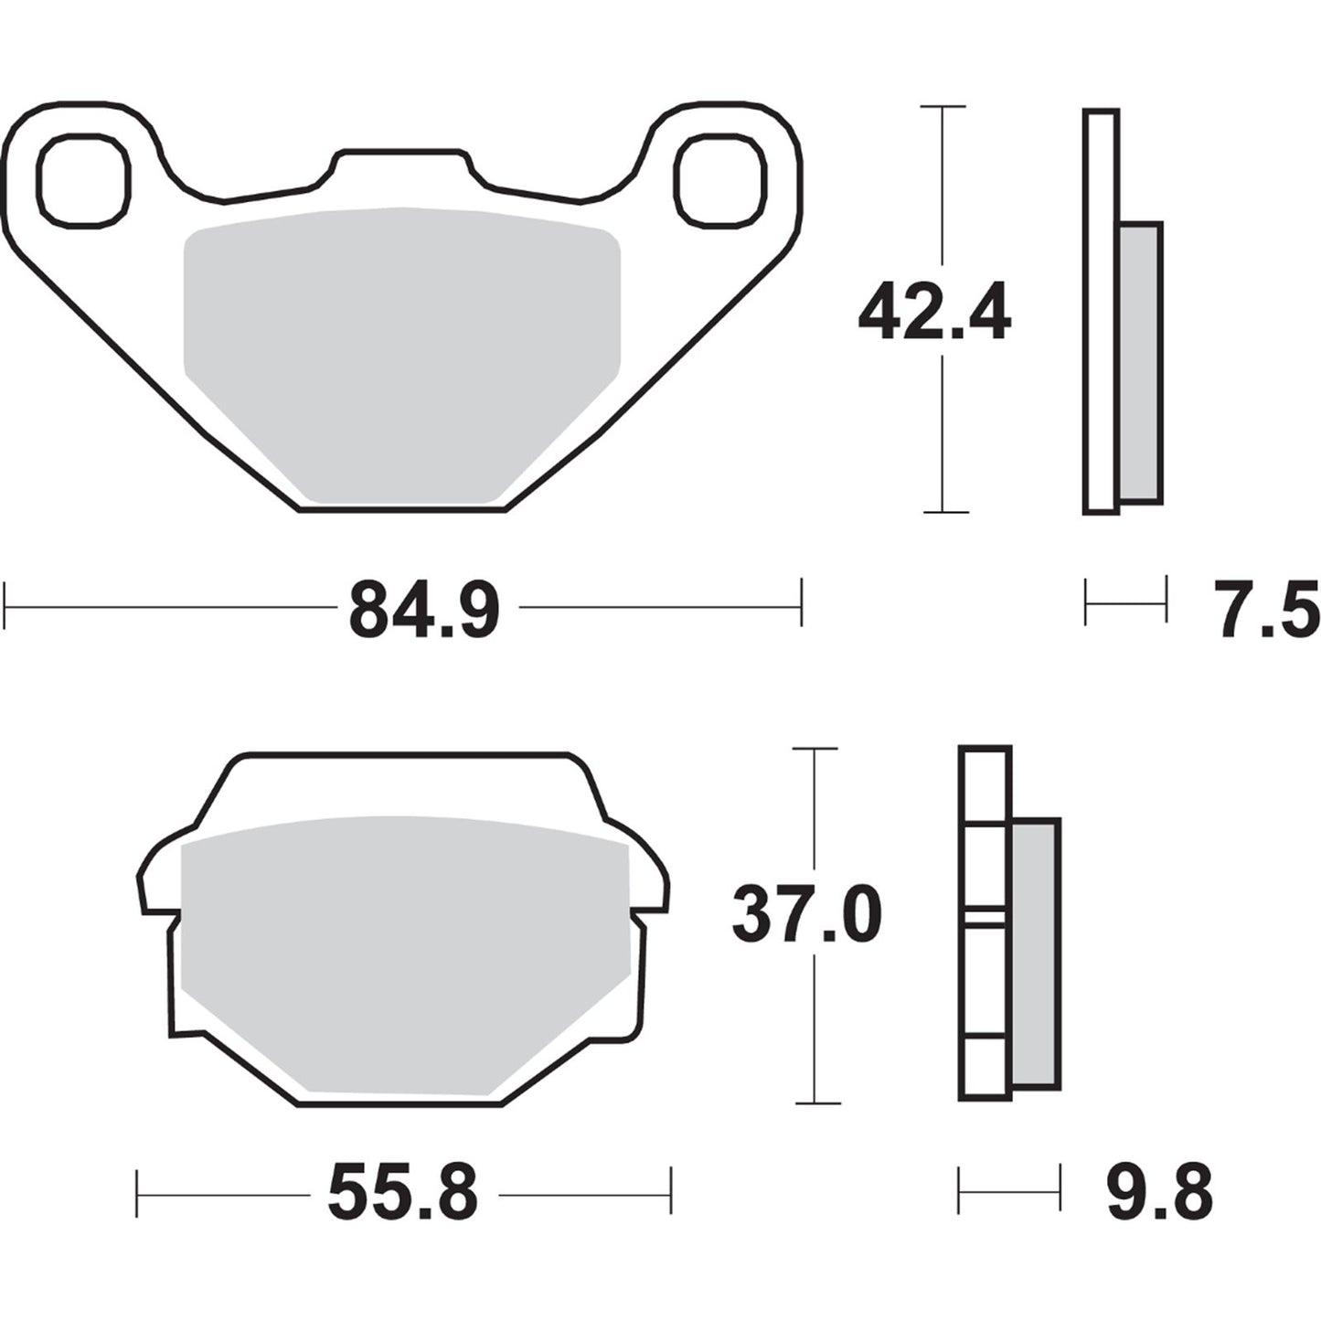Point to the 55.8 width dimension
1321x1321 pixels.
[403, 1193]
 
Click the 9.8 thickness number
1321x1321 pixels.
[1159, 1193]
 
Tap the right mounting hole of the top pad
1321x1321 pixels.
[719, 180]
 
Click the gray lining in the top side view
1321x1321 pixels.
[1140, 363]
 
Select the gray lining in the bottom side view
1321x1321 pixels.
[1036, 953]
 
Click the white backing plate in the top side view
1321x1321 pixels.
[1101, 311]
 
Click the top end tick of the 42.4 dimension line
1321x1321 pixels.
[943, 107]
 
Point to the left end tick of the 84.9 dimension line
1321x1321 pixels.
[6, 603]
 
